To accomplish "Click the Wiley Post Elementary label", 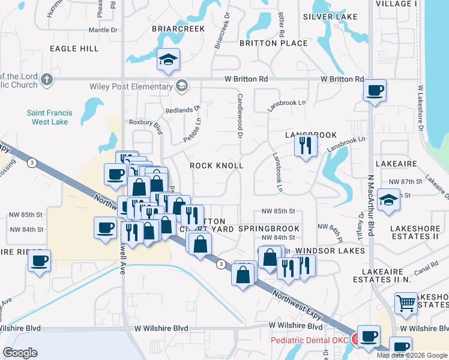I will [131, 86].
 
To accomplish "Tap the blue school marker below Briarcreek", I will [169, 59].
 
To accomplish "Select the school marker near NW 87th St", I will [389, 200].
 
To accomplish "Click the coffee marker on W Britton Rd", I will [375, 91].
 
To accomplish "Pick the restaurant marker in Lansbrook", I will [306, 146].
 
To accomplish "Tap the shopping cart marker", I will [406, 304].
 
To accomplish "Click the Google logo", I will [20, 353].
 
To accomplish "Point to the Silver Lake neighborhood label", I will [330, 17].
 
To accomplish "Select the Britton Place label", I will [274, 43].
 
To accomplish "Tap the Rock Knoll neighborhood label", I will [217, 165].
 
